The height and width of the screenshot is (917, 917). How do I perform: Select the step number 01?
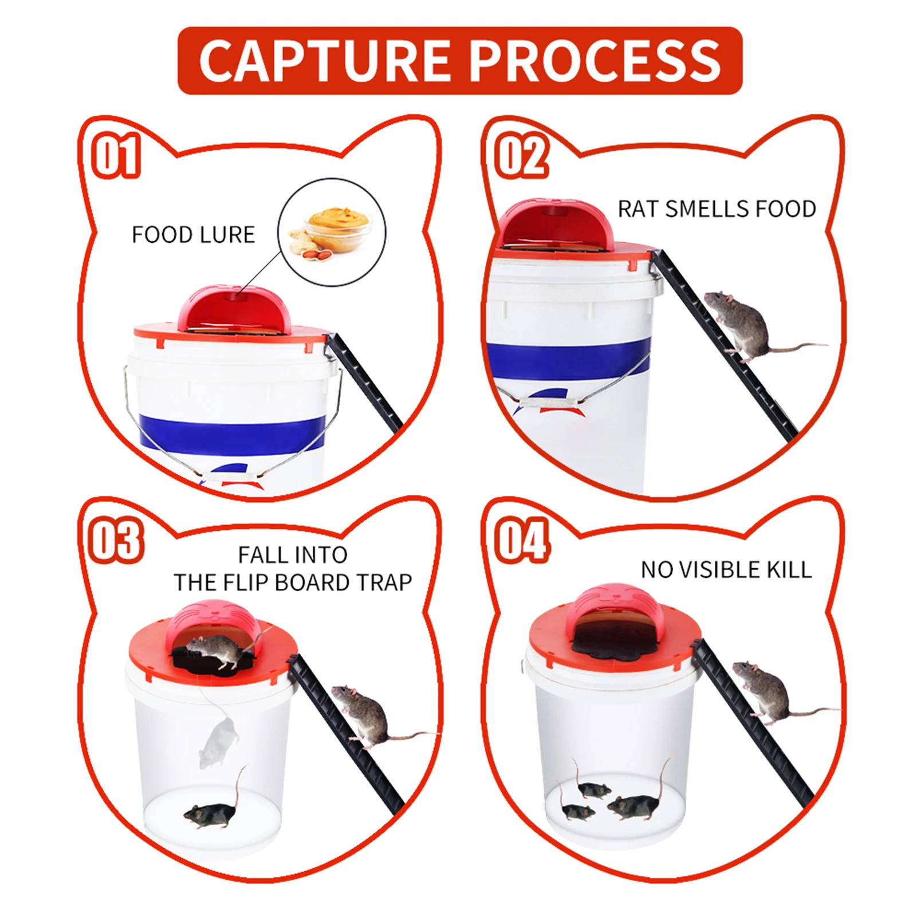tap(116, 155)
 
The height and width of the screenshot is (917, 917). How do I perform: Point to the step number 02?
tap(521, 155)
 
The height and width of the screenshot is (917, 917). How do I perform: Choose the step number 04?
tap(522, 540)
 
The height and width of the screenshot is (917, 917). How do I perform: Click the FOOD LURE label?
tap(193, 235)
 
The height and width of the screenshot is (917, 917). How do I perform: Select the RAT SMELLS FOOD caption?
tap(717, 209)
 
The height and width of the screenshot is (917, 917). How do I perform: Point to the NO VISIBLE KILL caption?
tap(726, 570)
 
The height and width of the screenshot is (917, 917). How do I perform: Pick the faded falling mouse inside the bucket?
tap(218, 742)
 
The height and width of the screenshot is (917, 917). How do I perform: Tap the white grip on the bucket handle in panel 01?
tap(233, 475)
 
